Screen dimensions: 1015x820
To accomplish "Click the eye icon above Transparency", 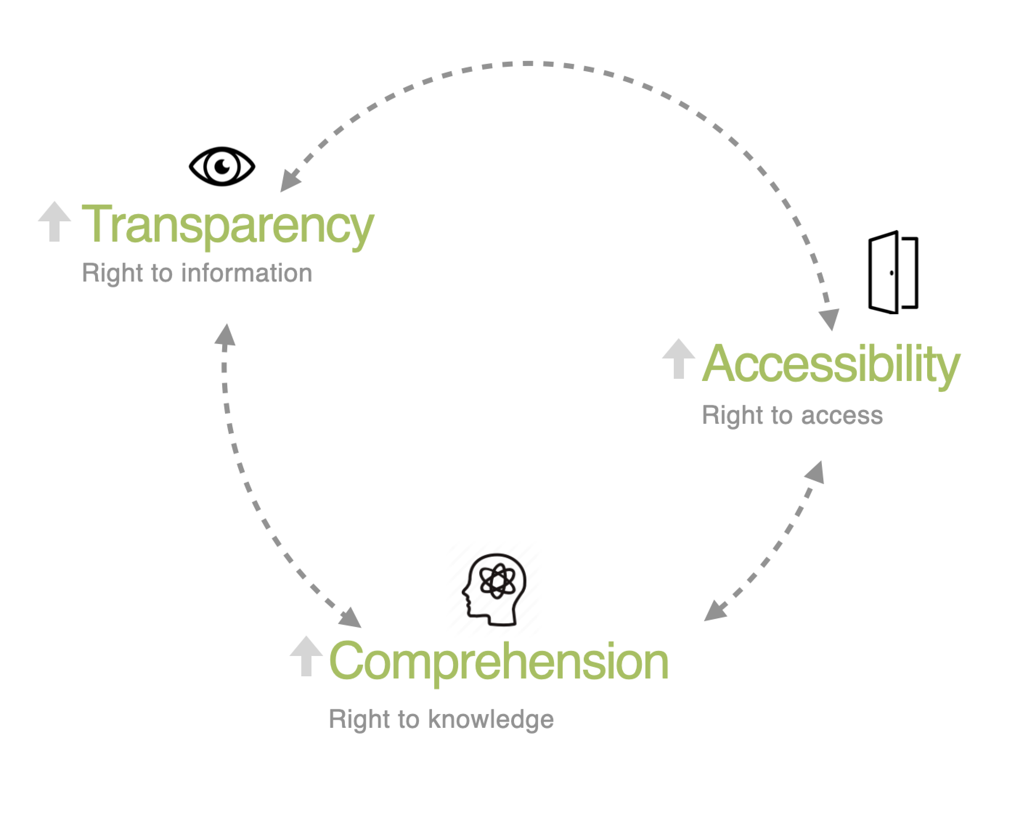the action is coord(222,166).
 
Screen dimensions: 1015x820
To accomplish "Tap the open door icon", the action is coord(893,272).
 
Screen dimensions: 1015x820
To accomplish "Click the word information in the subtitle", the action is coord(246,273).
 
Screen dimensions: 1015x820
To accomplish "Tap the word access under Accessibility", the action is coord(842,416).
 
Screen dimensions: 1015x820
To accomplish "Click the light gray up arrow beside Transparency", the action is coord(55,221).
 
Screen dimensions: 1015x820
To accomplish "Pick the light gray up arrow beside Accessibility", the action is coord(678,358).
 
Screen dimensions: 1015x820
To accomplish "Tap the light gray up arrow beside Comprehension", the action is coord(306,656).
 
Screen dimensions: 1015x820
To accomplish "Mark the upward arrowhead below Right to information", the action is coord(225,335).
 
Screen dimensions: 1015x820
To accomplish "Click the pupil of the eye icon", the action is coord(222,166).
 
